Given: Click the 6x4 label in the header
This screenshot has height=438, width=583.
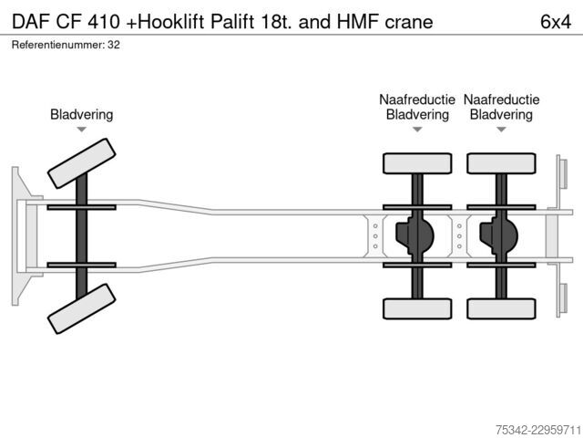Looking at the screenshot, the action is pos(556,22).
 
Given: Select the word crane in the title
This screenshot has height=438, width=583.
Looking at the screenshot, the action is pos(409,22).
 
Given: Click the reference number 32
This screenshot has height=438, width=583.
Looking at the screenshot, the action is pos(114,45).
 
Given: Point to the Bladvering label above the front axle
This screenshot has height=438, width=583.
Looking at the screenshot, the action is pos(81,114).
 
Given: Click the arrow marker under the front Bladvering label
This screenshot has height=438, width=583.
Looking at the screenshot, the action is pos(81,130).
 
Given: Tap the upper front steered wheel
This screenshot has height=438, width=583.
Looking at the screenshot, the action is pos(81,163).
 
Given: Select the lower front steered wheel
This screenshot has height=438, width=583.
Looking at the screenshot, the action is pos(81,308).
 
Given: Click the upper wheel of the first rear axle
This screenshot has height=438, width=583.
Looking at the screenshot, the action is pos(417,163).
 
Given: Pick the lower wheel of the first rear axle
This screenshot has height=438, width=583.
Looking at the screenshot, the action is pos(417,308).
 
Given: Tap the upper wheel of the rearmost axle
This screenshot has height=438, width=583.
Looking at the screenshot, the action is pos(501,163).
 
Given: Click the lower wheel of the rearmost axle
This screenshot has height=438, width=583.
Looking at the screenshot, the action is pos(501,308).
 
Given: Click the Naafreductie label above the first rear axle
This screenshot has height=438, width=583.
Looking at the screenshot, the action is pos(417,99).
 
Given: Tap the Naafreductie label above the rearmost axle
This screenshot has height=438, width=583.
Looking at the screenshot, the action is pos(501,99).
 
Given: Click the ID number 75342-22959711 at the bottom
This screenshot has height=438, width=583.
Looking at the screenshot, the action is pos(538,430).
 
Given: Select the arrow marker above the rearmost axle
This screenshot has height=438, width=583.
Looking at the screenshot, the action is pos(501,130).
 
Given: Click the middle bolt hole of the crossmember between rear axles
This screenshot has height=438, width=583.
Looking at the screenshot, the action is pos(459,236).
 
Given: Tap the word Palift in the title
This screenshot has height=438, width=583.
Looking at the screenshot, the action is pos(233,22).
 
